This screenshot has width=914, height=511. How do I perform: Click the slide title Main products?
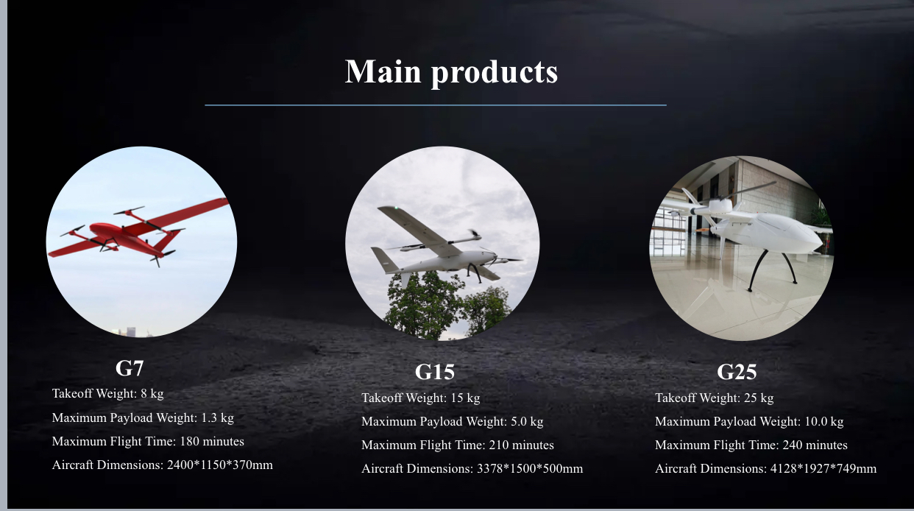(451, 72)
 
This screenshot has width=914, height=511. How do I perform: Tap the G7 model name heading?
(130, 368)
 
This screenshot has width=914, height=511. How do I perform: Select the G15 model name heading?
(435, 372)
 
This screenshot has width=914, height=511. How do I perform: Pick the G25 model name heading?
(737, 372)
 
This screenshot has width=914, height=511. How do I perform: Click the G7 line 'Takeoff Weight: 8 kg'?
(107, 394)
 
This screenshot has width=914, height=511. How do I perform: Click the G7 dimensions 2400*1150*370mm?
(220, 465)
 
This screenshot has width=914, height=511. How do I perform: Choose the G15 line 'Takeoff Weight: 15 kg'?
(421, 398)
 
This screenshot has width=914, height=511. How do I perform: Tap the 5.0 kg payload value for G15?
(527, 421)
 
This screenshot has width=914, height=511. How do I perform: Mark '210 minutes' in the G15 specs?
(522, 445)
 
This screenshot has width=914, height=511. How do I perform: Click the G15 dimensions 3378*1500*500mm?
(530, 468)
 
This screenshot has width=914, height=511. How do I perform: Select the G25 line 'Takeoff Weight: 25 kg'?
(715, 398)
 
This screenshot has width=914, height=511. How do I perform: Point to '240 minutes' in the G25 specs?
(815, 445)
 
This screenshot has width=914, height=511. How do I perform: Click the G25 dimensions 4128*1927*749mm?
(823, 468)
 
